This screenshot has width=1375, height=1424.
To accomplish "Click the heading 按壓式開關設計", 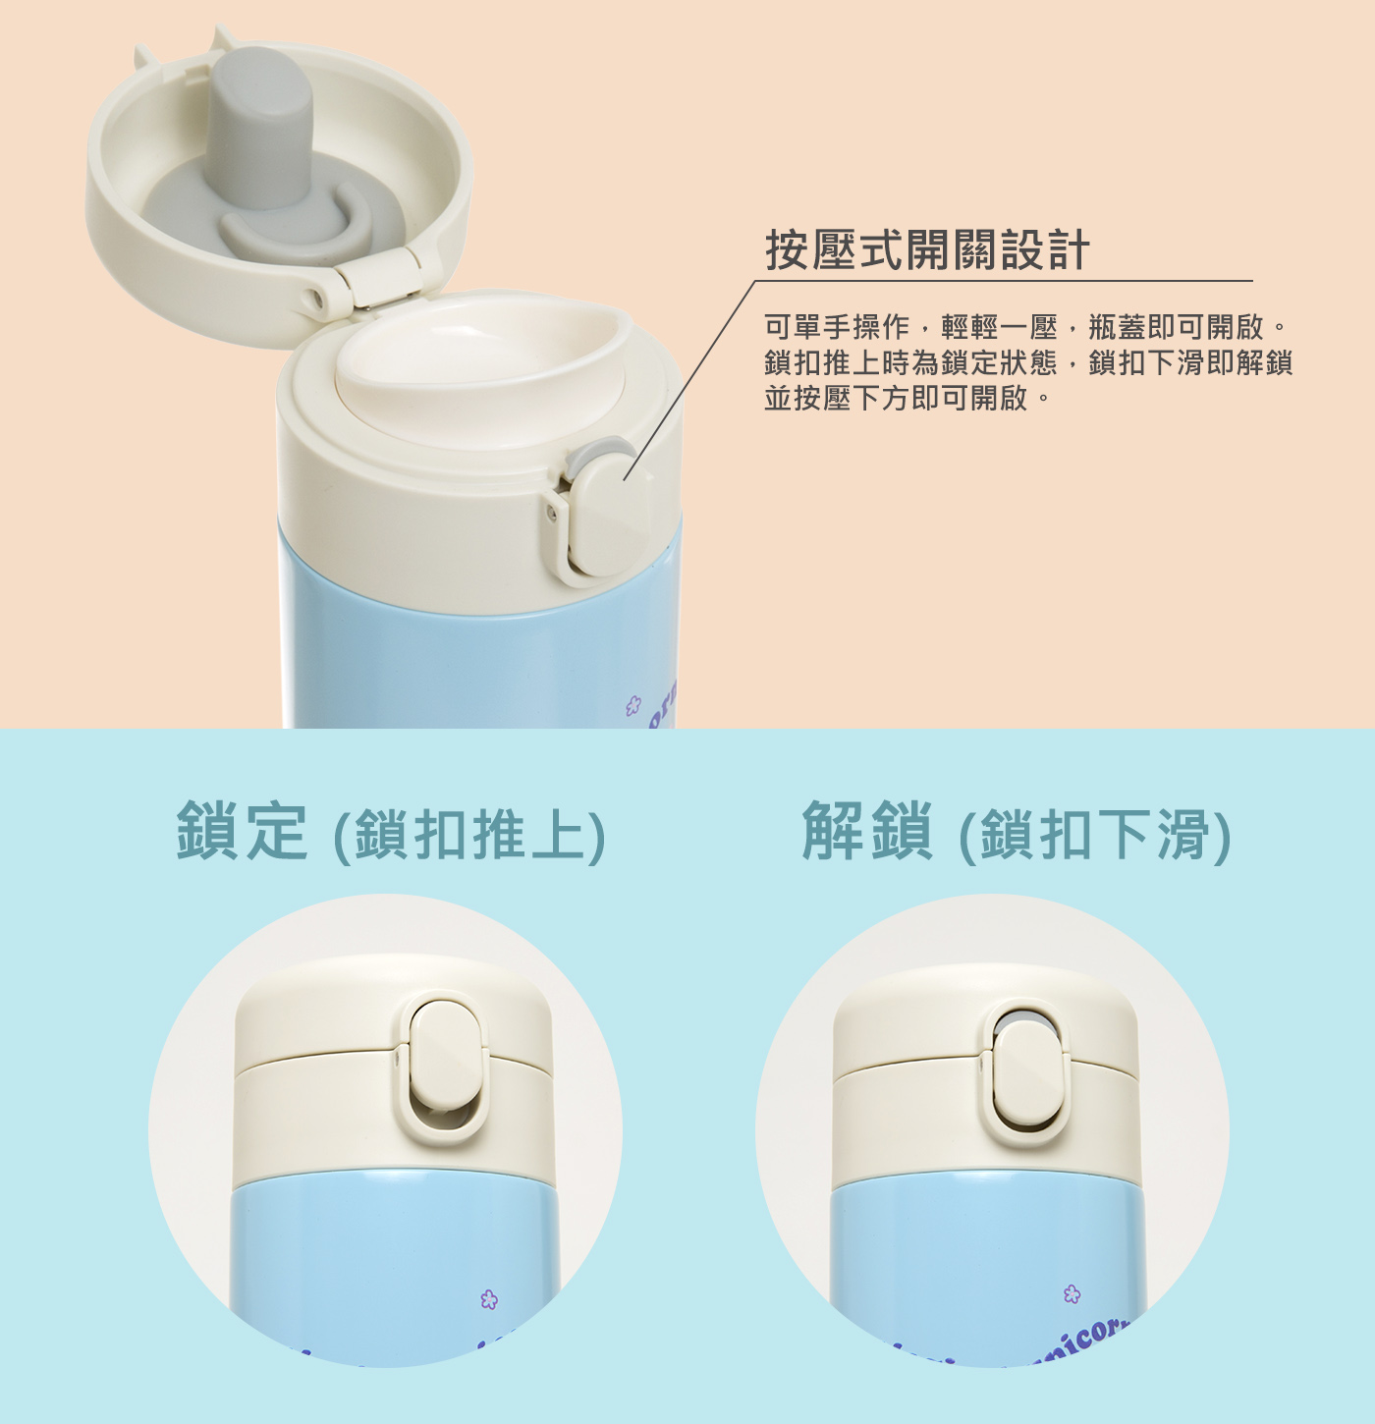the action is click(927, 249).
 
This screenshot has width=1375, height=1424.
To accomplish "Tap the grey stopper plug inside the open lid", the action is click(260, 125).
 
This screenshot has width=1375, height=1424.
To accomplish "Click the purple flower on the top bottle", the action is click(633, 706).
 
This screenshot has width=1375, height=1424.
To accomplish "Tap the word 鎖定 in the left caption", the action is click(242, 831).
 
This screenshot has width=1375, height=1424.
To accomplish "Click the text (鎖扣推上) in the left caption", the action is click(469, 835).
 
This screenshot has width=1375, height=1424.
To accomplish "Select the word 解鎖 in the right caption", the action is click(867, 831).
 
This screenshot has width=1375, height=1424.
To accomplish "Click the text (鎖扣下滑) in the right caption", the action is click(1095, 835).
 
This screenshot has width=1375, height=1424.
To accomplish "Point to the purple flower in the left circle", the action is click(489, 1299).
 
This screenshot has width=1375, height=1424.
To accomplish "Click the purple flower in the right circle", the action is click(1072, 1294).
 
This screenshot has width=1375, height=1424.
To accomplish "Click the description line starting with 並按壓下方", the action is click(907, 399).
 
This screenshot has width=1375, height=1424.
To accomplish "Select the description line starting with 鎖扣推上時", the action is click(1028, 363).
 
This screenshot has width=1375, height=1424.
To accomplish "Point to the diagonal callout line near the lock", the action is click(689, 380).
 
